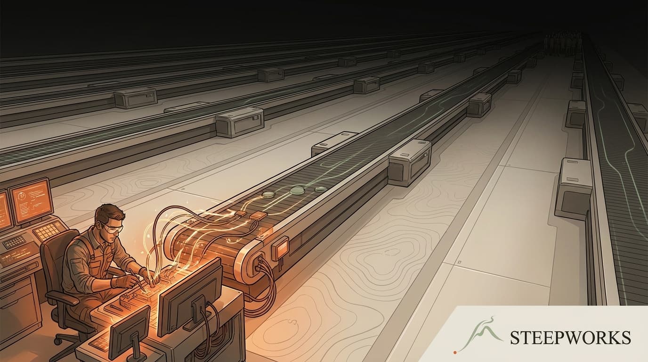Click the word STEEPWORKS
tap(570, 337)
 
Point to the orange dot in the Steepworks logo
tap(455, 353)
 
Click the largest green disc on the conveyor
tap(297, 190)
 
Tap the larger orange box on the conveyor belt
tap(259, 215)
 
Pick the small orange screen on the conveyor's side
tap(280, 248)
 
